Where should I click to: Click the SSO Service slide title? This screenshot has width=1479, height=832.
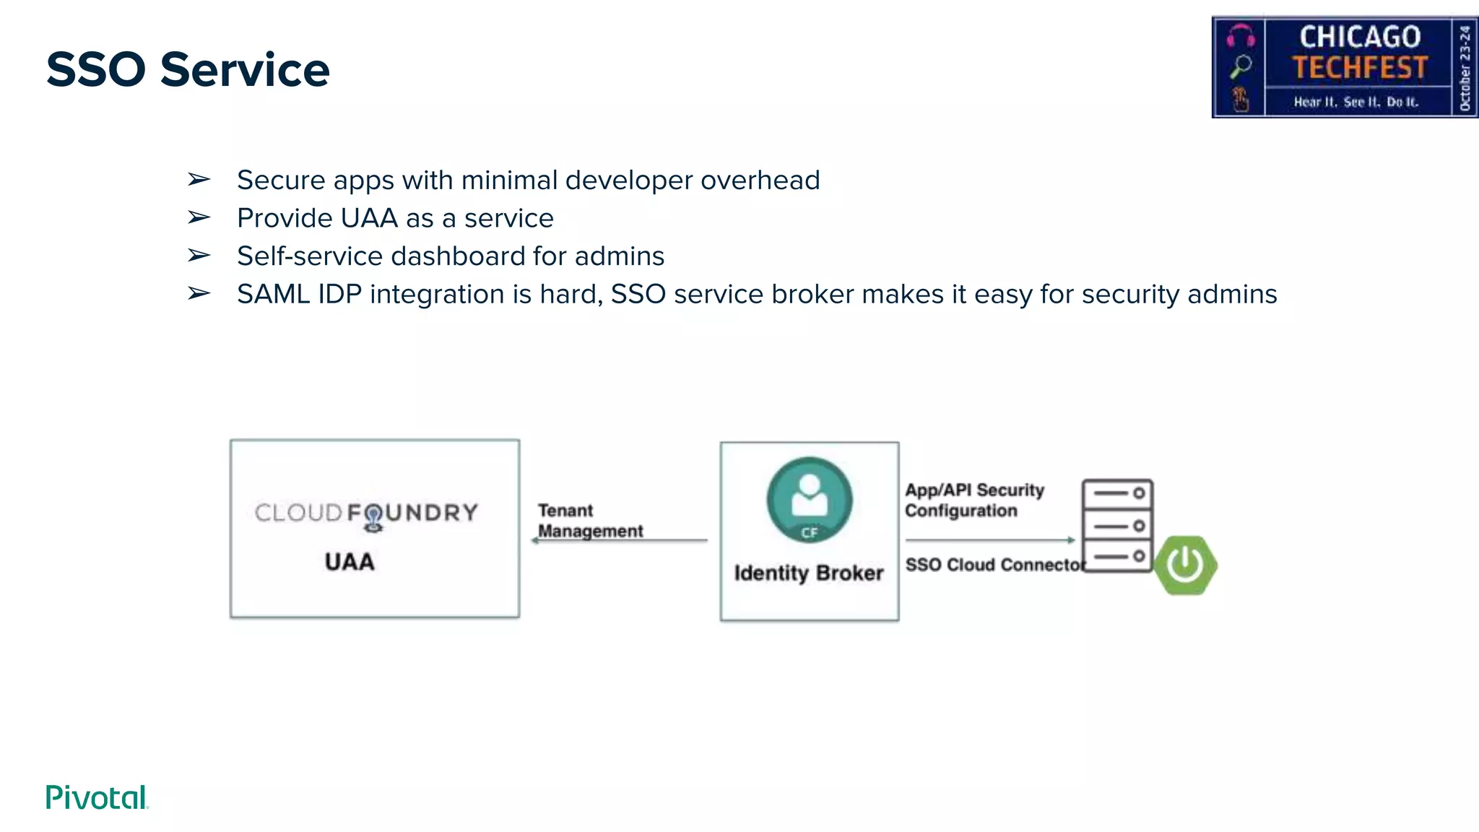pos(188,70)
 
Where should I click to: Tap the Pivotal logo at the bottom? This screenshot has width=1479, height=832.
pos(97,797)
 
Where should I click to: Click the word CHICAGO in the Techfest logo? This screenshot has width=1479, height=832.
pos(1360,37)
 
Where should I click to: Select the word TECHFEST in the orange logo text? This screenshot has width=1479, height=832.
pos(1360,68)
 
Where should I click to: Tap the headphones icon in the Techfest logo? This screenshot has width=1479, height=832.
pos(1241,35)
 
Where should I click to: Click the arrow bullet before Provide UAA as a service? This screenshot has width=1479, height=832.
pos(199,217)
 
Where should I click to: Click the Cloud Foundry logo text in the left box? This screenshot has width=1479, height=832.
pos(366,513)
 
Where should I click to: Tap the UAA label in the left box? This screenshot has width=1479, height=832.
pos(350,562)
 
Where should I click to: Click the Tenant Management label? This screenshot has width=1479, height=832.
pos(589,521)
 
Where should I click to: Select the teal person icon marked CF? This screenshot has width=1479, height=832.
pos(809,500)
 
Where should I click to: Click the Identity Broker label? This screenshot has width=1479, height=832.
pos(809,573)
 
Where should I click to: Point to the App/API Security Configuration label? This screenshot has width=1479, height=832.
pos(973,500)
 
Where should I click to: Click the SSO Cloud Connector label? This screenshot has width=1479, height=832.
pos(994,565)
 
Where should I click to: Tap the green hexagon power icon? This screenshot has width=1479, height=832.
pos(1185,565)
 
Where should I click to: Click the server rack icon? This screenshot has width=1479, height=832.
pos(1116,525)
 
